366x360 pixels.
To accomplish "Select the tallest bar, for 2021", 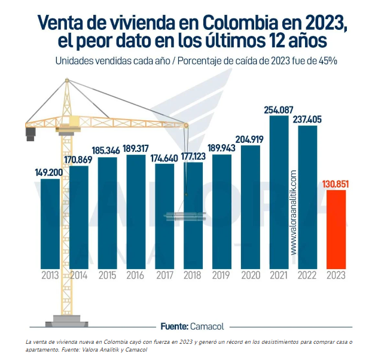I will [x=279, y=191].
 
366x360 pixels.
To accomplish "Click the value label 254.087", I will [x=279, y=109].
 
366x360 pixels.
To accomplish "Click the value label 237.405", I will [x=307, y=119].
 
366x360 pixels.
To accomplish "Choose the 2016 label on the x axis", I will [x=136, y=276].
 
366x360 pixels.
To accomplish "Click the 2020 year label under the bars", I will [x=251, y=276].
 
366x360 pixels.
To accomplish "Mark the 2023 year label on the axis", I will [x=336, y=276].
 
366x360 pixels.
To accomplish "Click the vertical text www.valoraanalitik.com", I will [x=293, y=212].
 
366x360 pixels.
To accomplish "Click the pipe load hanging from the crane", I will [x=185, y=217].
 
